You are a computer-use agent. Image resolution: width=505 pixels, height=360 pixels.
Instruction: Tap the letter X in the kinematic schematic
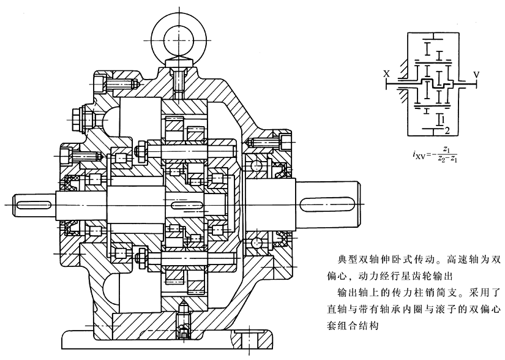pyautogui.click(x=386, y=74)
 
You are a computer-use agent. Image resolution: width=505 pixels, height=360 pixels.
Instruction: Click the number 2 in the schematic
pyautogui.click(x=448, y=130)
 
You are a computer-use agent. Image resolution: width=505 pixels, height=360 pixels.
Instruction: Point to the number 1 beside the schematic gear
pyautogui.click(x=442, y=116)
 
